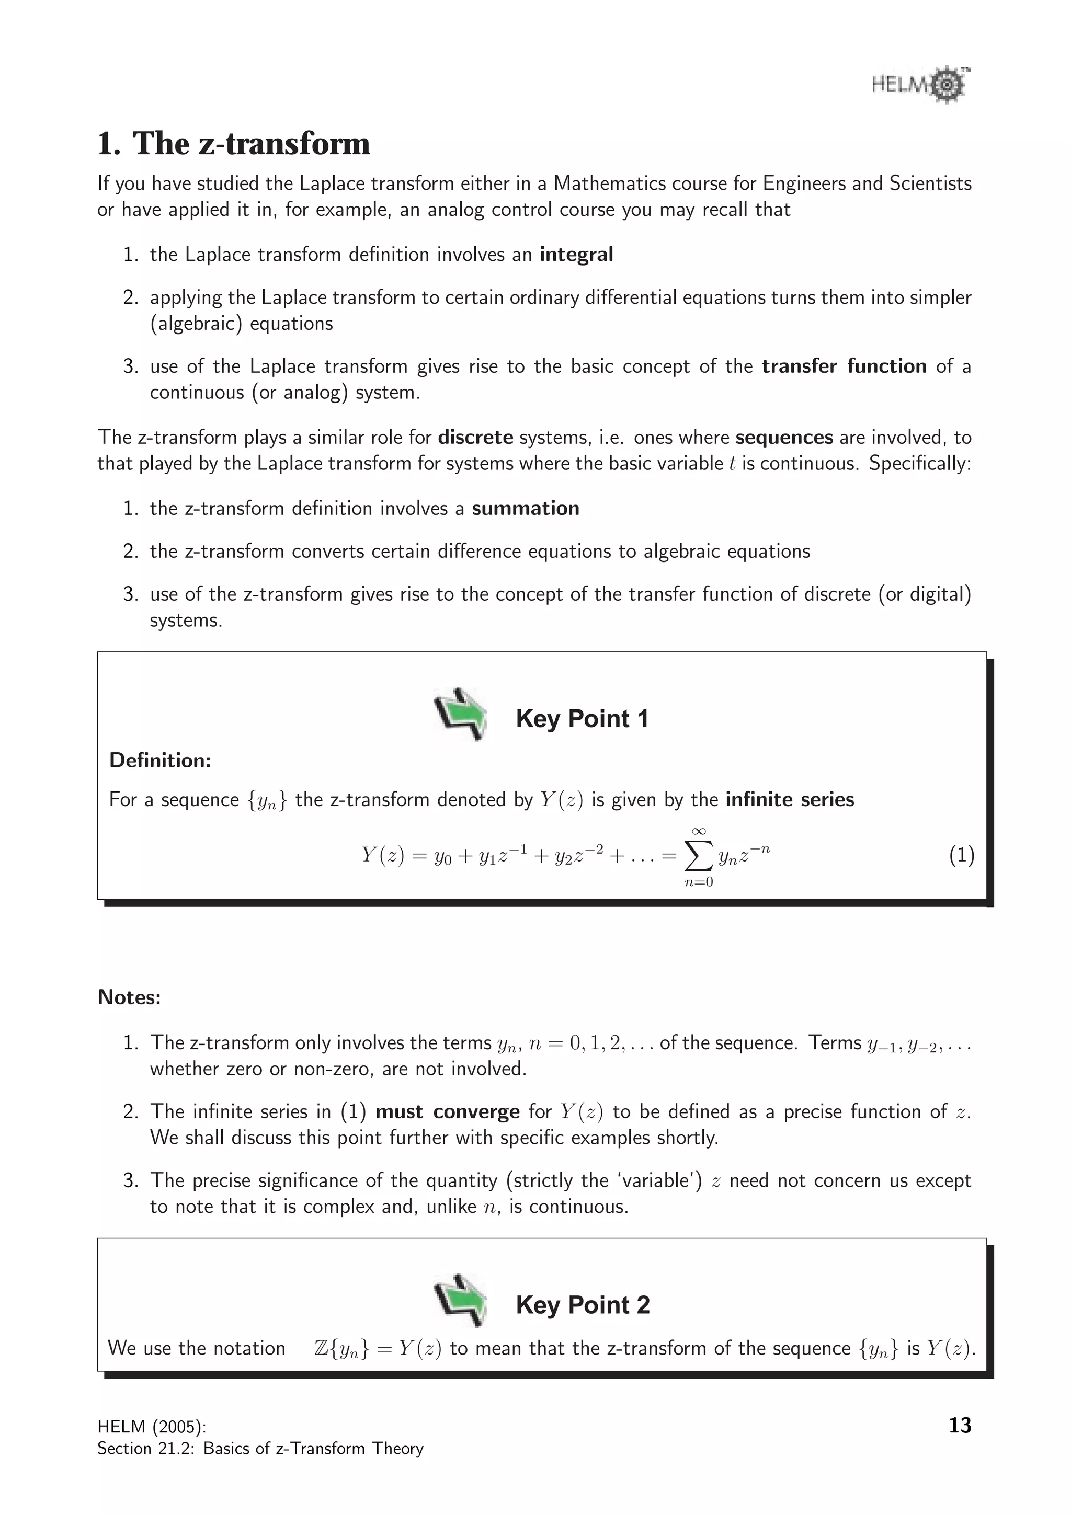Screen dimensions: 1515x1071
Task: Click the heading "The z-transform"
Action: [x=251, y=144]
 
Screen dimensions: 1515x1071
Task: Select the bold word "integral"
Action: [x=576, y=255]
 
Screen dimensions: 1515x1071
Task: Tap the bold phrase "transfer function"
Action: [x=844, y=366]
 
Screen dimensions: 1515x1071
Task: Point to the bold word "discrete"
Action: [x=475, y=438]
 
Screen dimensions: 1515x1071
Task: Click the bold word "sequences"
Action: [x=784, y=438]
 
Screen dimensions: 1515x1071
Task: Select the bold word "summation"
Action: [x=525, y=509]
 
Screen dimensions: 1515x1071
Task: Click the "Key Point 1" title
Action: [x=582, y=719]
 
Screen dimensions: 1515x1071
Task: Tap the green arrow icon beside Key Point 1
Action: [x=460, y=714]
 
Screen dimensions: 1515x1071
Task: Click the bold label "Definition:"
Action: [x=159, y=761]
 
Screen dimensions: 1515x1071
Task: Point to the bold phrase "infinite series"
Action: [x=789, y=800]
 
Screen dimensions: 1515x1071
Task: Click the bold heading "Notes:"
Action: [x=129, y=997]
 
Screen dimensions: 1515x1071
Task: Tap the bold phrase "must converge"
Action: [x=448, y=1112]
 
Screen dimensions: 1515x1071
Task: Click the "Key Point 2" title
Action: [x=583, y=1305]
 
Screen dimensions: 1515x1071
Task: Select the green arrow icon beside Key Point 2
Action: [x=460, y=1301]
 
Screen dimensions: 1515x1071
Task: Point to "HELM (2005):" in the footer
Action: [x=152, y=1427]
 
